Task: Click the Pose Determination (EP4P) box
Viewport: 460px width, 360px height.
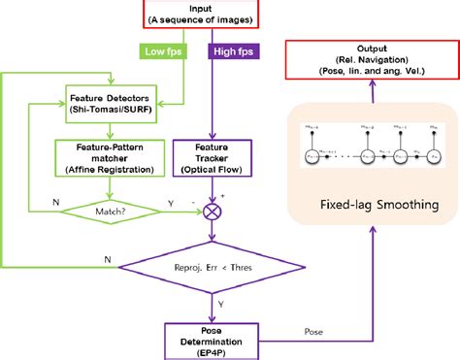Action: coord(230,337)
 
